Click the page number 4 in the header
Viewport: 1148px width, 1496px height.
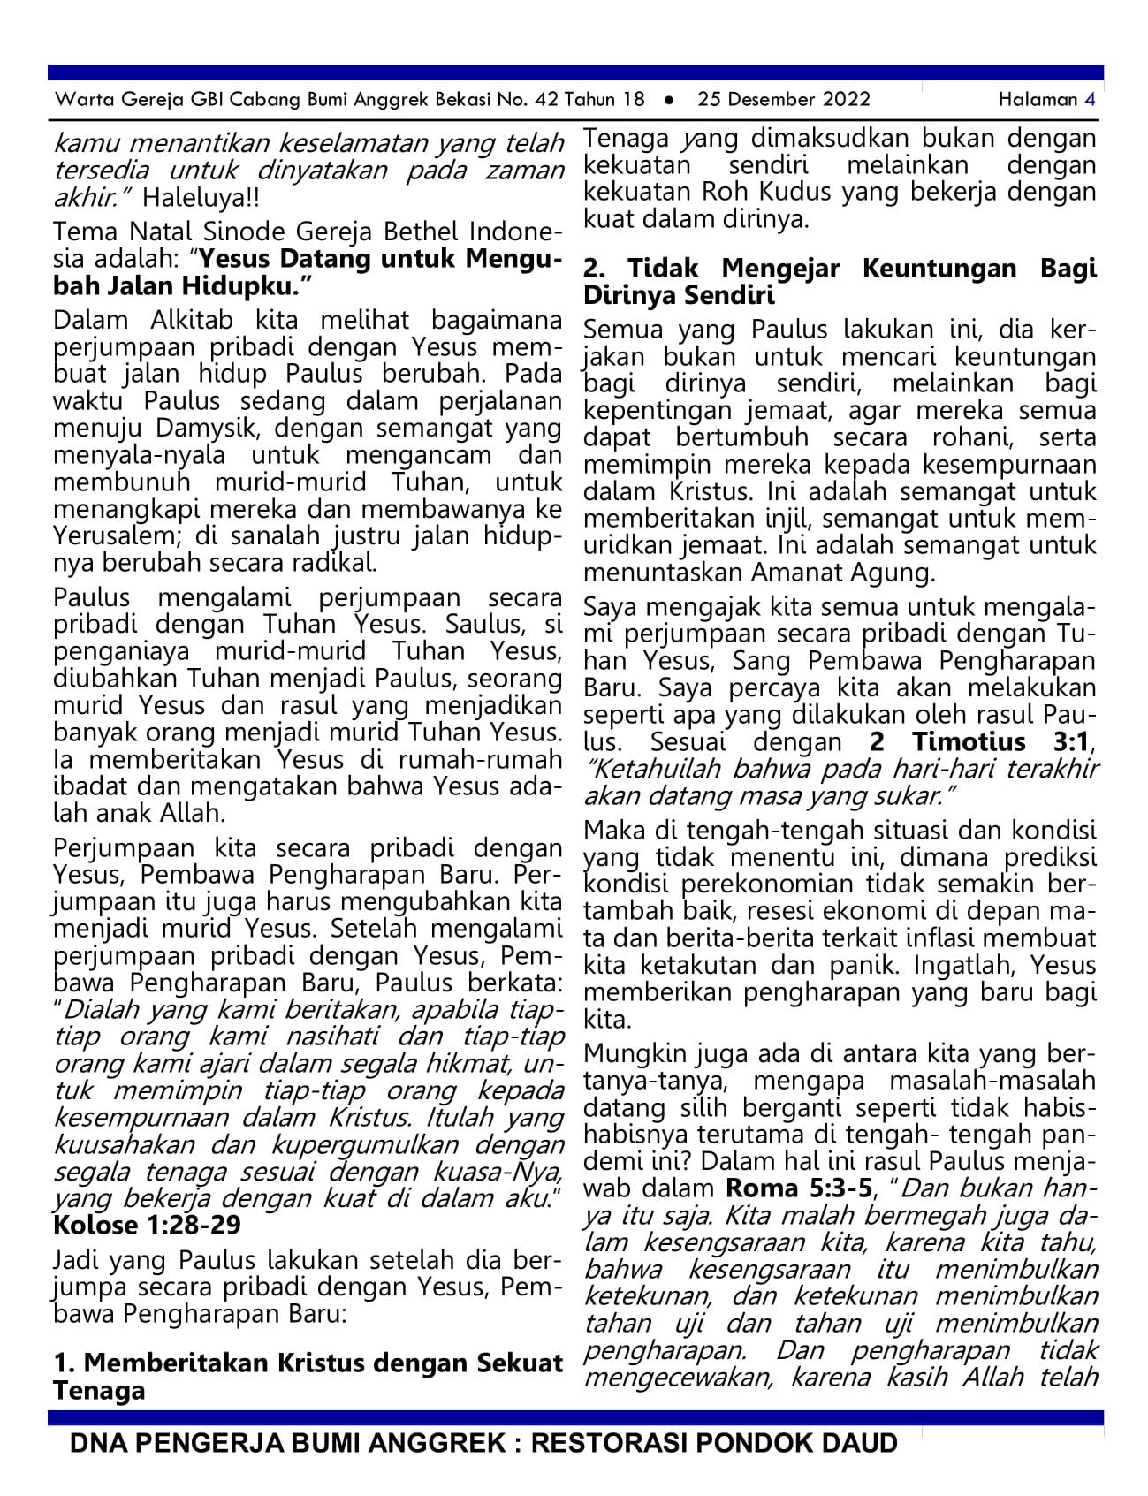tap(1090, 99)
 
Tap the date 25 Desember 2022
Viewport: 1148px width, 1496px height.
tap(783, 99)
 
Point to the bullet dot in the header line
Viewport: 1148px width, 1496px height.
tap(669, 100)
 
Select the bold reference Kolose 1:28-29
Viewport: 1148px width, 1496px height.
tap(147, 1226)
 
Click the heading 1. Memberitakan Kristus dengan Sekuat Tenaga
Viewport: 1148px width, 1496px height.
tap(308, 1376)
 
